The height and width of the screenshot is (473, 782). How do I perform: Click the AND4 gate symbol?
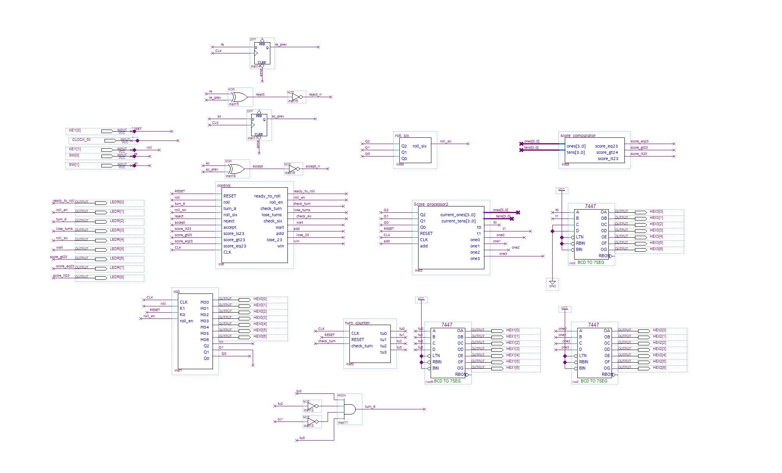(x=349, y=409)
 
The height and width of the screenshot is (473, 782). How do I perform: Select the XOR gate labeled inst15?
(x=238, y=97)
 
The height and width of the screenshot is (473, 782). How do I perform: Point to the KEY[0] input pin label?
(x=75, y=130)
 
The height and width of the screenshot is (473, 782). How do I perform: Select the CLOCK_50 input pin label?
(x=81, y=140)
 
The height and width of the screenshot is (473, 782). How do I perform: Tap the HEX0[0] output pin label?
(x=260, y=299)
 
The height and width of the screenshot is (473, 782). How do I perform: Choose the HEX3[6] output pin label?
(x=656, y=249)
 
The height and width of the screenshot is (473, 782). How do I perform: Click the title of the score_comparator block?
(x=578, y=135)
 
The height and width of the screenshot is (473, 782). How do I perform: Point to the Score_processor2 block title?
(x=431, y=204)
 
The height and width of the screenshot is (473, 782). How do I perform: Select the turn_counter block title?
(x=357, y=323)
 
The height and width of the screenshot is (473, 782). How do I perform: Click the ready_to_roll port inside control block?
(x=267, y=196)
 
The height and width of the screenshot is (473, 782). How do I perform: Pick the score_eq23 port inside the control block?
(x=234, y=246)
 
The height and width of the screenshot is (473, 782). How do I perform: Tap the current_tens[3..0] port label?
(x=458, y=221)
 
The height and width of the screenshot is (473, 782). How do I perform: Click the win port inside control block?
(x=280, y=246)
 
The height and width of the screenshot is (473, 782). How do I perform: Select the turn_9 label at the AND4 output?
(x=370, y=407)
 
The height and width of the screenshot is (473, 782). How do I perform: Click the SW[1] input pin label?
(x=74, y=165)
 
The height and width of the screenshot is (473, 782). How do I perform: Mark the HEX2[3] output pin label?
(x=660, y=349)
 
